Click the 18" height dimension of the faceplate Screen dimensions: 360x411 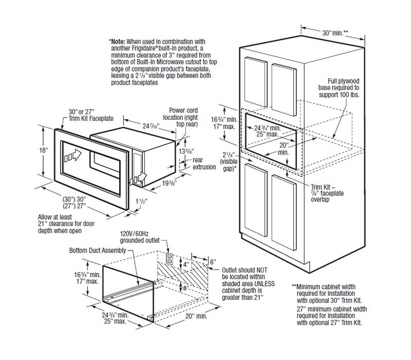[x=45, y=150]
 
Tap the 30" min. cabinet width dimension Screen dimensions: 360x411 [x=335, y=32]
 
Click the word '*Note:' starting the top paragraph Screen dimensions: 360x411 [x=118, y=41]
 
